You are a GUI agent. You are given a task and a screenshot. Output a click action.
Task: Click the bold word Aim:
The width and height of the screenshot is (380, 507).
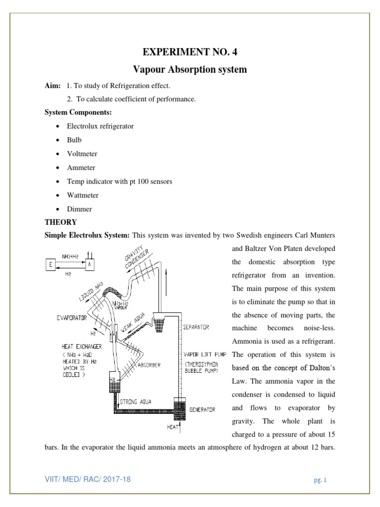click(x=53, y=86)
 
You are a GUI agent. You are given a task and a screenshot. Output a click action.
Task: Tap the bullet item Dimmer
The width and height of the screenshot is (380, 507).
click(x=79, y=209)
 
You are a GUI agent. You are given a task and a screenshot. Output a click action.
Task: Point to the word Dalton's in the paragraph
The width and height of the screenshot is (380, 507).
click(x=321, y=368)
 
